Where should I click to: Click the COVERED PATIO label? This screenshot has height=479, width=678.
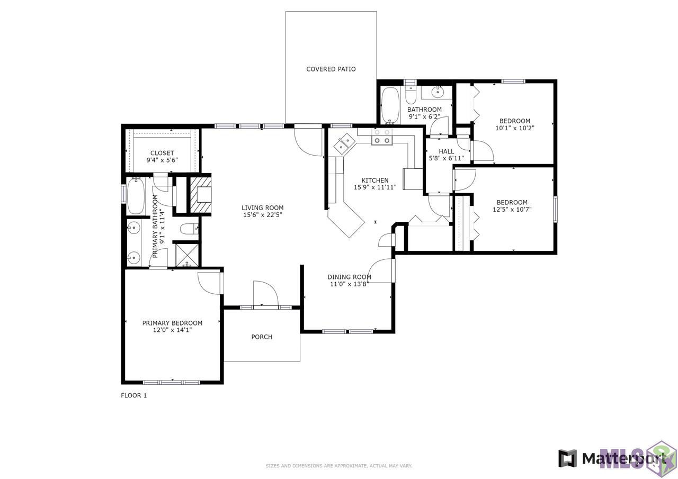point(331,69)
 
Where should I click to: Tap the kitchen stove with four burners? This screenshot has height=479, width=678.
point(382,137)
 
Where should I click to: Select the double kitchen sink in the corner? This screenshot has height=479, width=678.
point(344,144)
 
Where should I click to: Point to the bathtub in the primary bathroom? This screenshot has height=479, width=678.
point(136,196)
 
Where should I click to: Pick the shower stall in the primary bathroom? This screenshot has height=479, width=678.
point(187,255)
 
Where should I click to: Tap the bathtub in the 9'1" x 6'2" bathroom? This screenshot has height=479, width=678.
point(390,105)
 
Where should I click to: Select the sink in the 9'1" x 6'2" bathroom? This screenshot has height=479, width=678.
point(438,92)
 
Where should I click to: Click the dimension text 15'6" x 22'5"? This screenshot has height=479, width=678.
point(262,215)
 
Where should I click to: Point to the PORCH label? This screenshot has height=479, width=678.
point(262,337)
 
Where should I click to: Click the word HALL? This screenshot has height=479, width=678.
point(446,151)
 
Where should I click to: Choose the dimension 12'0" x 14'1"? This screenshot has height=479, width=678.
point(172,330)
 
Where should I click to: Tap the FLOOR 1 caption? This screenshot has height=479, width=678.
point(134,395)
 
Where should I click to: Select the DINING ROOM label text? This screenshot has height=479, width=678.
point(349,277)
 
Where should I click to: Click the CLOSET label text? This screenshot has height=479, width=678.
point(162,153)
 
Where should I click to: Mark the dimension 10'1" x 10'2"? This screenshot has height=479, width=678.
point(514,128)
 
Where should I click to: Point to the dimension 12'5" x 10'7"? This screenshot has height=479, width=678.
point(512,210)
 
